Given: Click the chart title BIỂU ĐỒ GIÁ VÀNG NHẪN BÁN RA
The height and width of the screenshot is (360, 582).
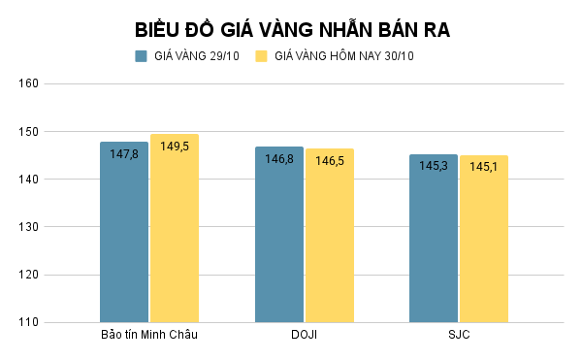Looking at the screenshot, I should pyautogui.click(x=291, y=29).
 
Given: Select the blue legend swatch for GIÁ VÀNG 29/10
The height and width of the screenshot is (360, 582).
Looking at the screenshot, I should pyautogui.click(x=141, y=56).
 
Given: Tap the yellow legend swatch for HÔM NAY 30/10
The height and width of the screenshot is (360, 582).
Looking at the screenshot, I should pyautogui.click(x=261, y=56).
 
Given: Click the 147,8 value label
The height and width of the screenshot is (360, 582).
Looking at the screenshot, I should pyautogui.click(x=124, y=154).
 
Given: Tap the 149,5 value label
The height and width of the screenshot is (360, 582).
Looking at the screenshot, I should pyautogui.click(x=175, y=147).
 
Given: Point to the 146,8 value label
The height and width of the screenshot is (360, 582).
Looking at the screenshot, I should pyautogui.click(x=279, y=159).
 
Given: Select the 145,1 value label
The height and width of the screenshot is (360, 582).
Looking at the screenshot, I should pyautogui.click(x=484, y=167).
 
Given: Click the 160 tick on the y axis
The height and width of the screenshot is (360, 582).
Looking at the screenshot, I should pyautogui.click(x=28, y=83).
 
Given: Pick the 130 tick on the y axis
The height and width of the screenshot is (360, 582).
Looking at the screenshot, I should pyautogui.click(x=28, y=227).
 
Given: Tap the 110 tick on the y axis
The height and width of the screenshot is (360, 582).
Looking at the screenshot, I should pyautogui.click(x=28, y=322).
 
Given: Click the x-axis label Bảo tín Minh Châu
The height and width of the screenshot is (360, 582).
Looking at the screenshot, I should pyautogui.click(x=149, y=336).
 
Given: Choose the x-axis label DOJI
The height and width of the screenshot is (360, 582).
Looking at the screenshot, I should pyautogui.click(x=305, y=336).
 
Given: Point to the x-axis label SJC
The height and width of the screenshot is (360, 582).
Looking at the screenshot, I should pyautogui.click(x=459, y=336).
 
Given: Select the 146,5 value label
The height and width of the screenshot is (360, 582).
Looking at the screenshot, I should pyautogui.click(x=330, y=160).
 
